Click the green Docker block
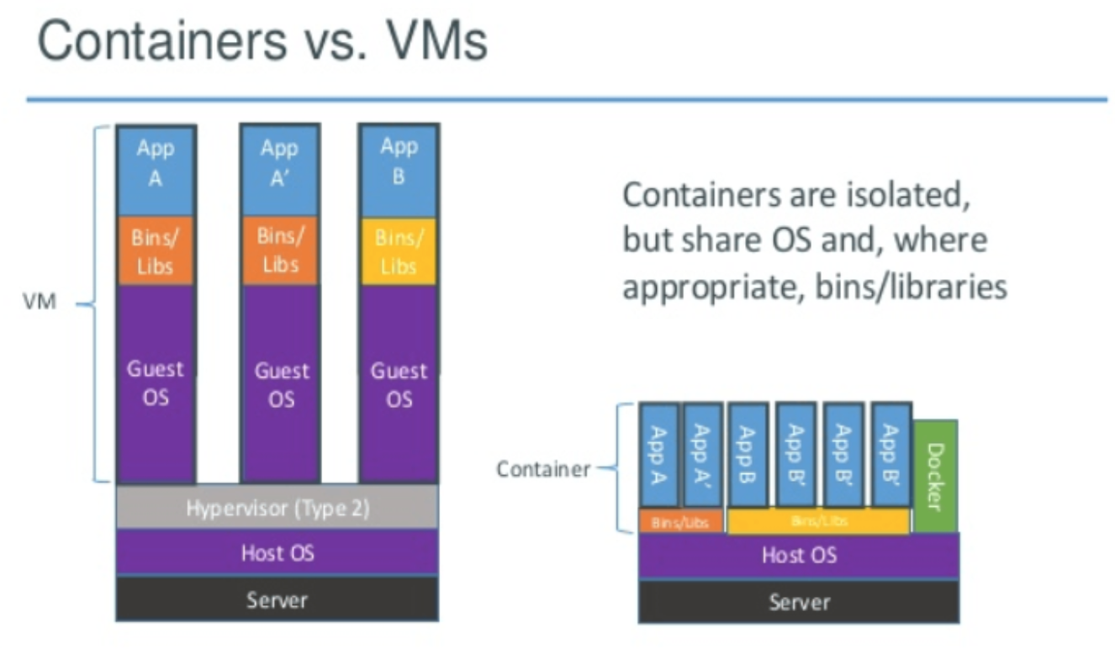click(x=935, y=476)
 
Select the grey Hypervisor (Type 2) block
click(x=277, y=507)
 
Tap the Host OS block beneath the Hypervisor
click(x=277, y=552)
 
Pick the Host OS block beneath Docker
click(x=798, y=555)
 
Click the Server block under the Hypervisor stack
click(x=277, y=599)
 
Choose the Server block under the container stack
click(x=798, y=602)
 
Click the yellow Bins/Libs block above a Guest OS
click(x=398, y=251)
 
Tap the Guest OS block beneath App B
click(x=398, y=383)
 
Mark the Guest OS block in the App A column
click(x=156, y=383)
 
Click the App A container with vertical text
click(x=658, y=455)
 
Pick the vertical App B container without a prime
click(x=748, y=455)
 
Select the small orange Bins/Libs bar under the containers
click(x=680, y=522)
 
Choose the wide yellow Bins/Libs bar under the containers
click(x=818, y=522)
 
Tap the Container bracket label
click(x=543, y=469)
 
